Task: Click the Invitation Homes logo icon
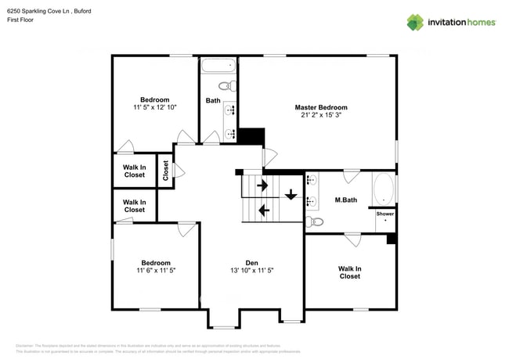click(414, 22)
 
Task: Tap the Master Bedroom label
click(320, 107)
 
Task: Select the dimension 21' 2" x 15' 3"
click(320, 115)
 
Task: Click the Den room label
click(251, 262)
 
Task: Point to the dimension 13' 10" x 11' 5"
click(251, 270)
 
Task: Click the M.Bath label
click(345, 200)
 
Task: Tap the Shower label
click(385, 214)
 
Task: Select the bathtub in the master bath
click(384, 189)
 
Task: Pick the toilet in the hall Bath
click(226, 86)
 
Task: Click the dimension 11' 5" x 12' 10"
click(154, 107)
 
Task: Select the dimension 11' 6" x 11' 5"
click(155, 270)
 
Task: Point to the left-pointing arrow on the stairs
click(263, 209)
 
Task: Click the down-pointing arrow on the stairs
click(291, 195)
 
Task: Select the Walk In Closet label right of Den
click(349, 272)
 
